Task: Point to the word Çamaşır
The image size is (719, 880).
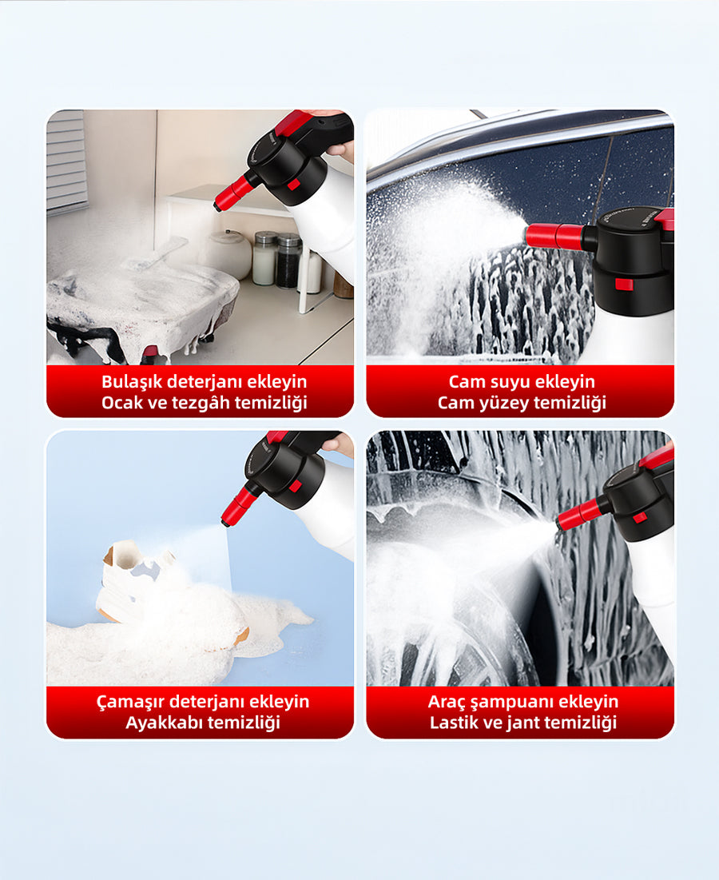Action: tap(130, 702)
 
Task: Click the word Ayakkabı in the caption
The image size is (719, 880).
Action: tap(161, 723)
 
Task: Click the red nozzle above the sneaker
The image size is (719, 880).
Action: tap(237, 505)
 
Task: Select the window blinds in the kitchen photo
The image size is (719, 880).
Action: tap(66, 162)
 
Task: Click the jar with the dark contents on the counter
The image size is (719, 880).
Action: tap(289, 261)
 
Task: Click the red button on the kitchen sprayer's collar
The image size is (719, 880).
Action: tap(293, 185)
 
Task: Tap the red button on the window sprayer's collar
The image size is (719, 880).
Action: tap(624, 284)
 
